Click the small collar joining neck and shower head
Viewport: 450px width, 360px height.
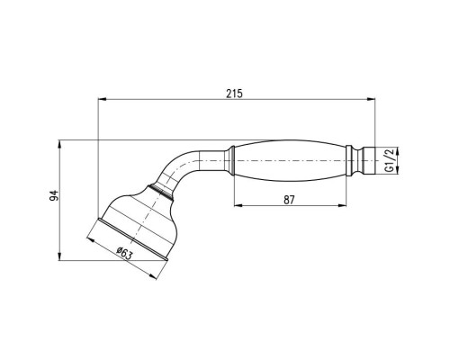[161, 189]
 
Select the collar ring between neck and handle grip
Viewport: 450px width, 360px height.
[231, 161]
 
